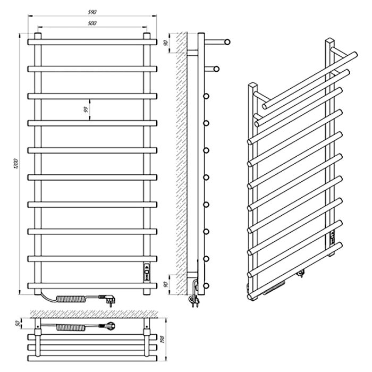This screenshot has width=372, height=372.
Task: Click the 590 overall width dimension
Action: point(92,12)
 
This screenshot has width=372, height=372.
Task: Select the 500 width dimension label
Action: point(92,23)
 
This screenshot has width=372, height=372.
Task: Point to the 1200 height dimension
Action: point(16,164)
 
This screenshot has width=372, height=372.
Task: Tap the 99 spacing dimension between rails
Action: point(86,109)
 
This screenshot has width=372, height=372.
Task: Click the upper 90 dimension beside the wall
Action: point(166,43)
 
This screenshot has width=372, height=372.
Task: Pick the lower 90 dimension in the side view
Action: point(166,284)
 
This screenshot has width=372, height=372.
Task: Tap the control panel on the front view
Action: point(147,272)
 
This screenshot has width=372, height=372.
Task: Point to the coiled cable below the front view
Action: point(72,299)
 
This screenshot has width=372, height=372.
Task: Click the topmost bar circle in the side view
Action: point(227,42)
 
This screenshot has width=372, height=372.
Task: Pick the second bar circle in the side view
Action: point(216,69)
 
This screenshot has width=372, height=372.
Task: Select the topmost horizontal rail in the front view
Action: point(92,42)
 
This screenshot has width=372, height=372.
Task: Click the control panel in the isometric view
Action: point(332,238)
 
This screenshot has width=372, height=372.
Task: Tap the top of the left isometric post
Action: point(253,85)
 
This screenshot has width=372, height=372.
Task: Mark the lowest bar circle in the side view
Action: point(206,286)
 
